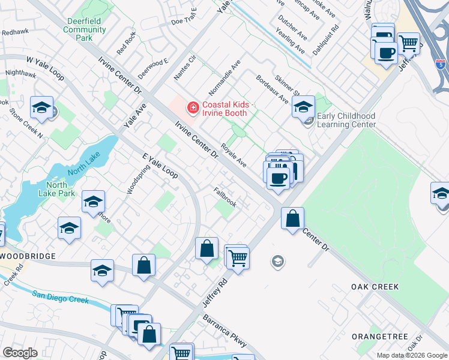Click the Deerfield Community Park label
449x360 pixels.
[85, 29]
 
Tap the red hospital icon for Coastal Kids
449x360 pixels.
[193, 108]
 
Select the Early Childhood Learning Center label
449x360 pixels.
[346, 120]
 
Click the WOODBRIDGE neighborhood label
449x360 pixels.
[28, 256]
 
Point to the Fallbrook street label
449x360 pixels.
[225, 196]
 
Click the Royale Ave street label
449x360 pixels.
[234, 155]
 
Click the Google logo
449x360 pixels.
[20, 353]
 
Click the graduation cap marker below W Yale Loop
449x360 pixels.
[41, 107]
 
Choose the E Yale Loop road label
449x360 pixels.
[160, 166]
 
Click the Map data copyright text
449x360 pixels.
[411, 355]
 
